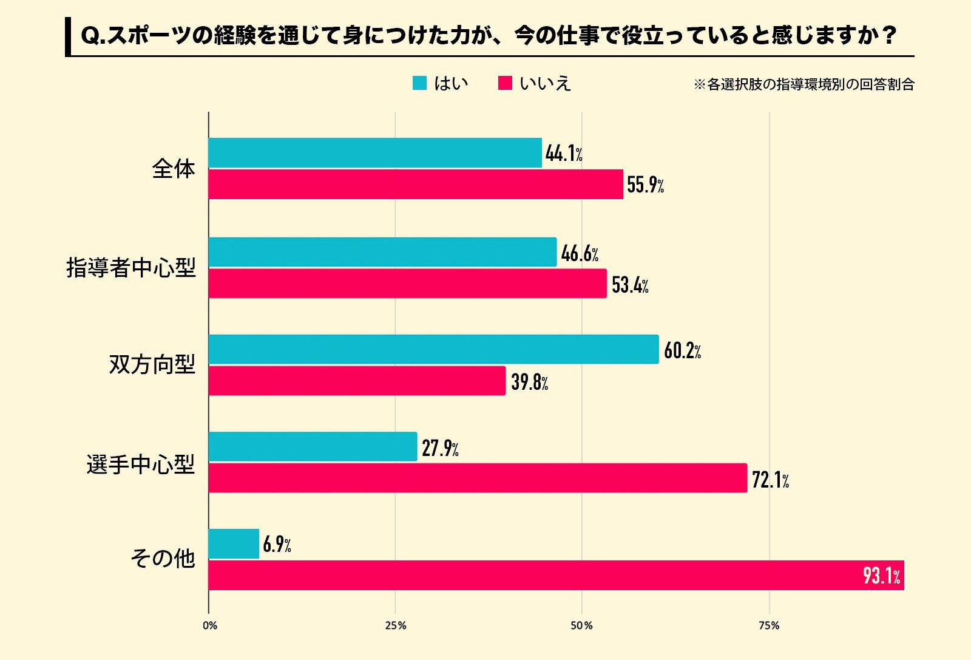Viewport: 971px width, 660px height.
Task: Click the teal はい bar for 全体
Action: click(374, 153)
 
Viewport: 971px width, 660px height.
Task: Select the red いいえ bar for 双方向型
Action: click(357, 381)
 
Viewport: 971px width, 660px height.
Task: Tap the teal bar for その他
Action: click(234, 543)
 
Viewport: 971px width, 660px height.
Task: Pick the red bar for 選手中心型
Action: click(478, 478)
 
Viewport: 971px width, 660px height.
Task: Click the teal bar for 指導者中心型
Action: click(382, 252)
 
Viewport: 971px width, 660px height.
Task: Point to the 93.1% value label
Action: click(881, 575)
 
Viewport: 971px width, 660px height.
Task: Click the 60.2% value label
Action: click(682, 350)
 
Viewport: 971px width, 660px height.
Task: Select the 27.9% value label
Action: click(440, 448)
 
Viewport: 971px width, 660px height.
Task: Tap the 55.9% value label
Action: click(645, 185)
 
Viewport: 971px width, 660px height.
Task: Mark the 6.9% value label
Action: click(277, 545)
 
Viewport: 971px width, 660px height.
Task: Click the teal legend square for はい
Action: click(419, 83)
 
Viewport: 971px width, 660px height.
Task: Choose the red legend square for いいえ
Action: click(505, 83)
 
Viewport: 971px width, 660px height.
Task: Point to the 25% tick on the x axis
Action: click(396, 625)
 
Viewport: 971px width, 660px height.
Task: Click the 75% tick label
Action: click(769, 625)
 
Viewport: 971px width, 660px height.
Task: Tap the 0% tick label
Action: click(210, 625)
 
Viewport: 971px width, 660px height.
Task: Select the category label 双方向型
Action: click(152, 364)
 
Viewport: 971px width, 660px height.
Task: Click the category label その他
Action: click(163, 558)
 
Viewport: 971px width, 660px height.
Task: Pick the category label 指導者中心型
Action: click(131, 267)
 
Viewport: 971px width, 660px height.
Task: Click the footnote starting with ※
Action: click(804, 84)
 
